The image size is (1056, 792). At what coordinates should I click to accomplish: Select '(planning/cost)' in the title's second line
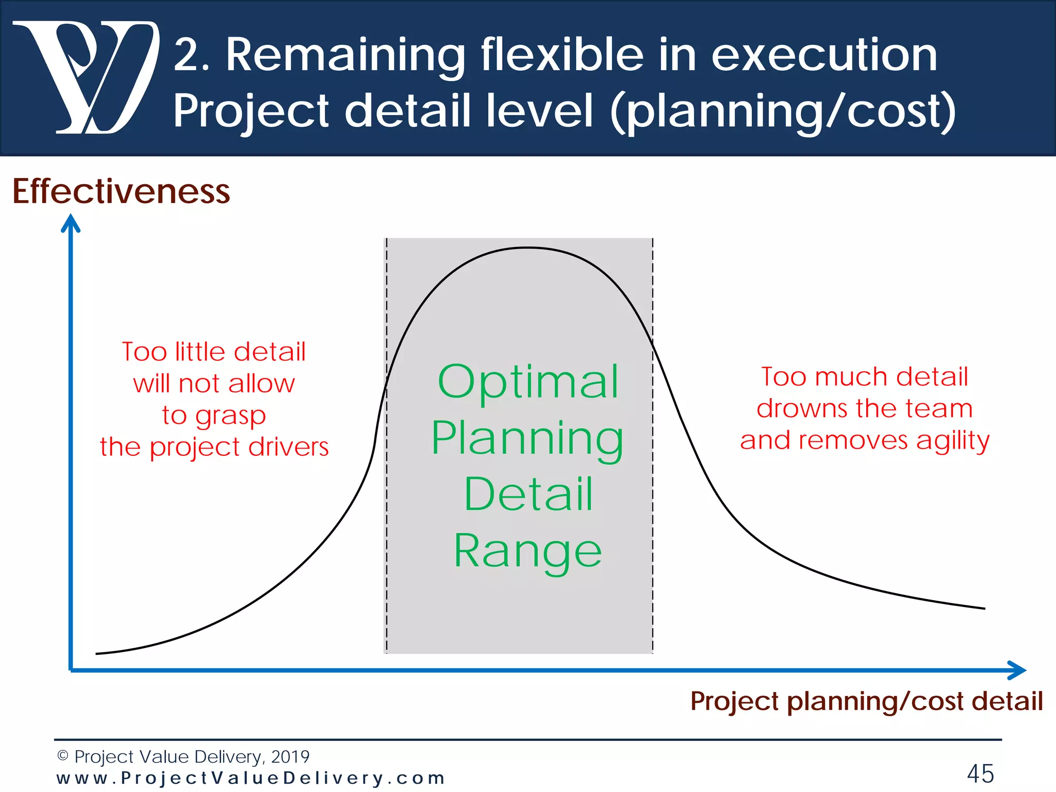coord(783,111)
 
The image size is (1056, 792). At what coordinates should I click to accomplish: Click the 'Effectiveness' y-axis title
coord(121,191)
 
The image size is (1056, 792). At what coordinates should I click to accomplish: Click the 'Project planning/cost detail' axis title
coord(866,701)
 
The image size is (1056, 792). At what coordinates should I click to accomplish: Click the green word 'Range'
coord(527,551)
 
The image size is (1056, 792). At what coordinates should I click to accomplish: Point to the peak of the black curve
coord(527,248)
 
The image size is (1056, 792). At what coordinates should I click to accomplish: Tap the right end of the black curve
coord(984,608)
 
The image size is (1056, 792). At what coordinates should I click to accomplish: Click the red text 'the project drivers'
coord(214,447)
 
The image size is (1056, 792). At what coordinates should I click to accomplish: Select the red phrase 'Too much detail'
coord(865,376)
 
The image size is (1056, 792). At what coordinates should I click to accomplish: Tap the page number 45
coord(980,773)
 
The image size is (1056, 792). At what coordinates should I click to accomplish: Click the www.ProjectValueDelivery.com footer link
coord(251,778)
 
